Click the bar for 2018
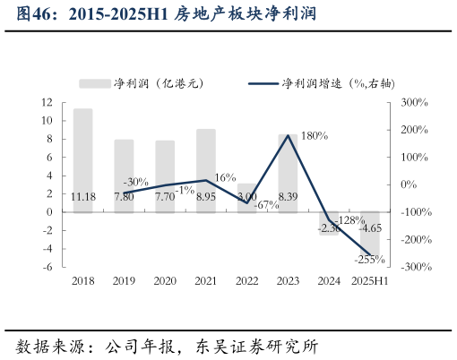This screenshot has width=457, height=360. click(82, 161)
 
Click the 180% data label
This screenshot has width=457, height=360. click(314, 136)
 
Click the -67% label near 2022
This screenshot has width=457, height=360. click(267, 205)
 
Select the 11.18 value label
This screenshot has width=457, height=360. click(82, 196)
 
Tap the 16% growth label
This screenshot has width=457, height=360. click(225, 177)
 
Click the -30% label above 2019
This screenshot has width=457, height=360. click(135, 182)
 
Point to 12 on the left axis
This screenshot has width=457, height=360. click(47, 102)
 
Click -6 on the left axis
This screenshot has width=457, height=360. click(47, 268)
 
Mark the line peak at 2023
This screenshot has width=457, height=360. click(289, 135)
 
